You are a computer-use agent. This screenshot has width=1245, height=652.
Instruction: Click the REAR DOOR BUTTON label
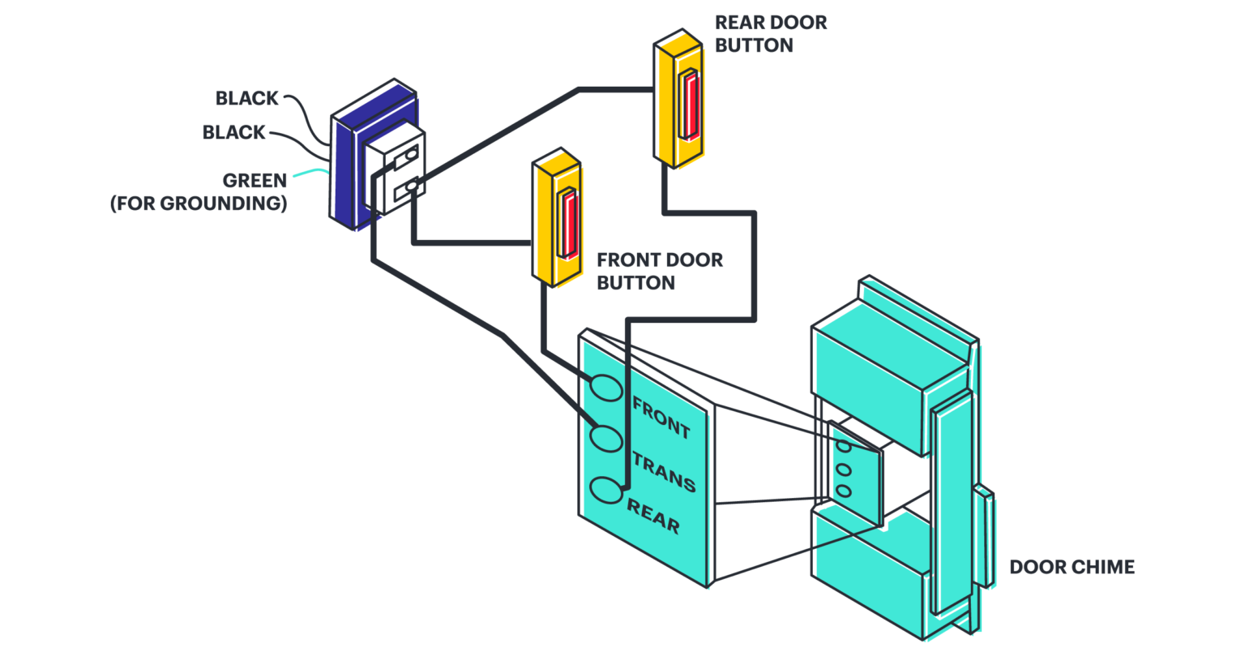click(770, 33)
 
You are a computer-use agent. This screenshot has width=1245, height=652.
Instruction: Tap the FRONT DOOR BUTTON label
click(659, 271)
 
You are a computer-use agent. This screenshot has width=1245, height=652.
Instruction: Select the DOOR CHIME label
click(1071, 567)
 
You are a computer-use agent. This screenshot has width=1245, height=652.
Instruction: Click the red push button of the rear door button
click(690, 104)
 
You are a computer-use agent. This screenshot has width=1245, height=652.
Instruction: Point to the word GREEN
click(255, 181)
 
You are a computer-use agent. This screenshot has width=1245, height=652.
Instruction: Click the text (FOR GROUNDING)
click(199, 204)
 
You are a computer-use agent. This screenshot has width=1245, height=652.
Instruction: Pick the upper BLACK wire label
click(247, 98)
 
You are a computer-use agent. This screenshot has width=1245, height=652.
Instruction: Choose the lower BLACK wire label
click(233, 132)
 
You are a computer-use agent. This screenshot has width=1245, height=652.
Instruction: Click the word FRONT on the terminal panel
click(661, 417)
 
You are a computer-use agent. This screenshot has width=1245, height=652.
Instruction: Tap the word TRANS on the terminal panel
click(663, 472)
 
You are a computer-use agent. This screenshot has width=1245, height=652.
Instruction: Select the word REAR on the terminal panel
click(652, 517)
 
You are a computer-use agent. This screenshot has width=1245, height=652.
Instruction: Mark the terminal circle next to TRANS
click(605, 438)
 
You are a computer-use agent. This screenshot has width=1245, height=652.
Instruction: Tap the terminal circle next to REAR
click(605, 491)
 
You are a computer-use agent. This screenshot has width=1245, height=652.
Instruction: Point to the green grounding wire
click(312, 172)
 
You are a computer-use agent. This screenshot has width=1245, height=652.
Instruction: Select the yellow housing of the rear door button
click(667, 97)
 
